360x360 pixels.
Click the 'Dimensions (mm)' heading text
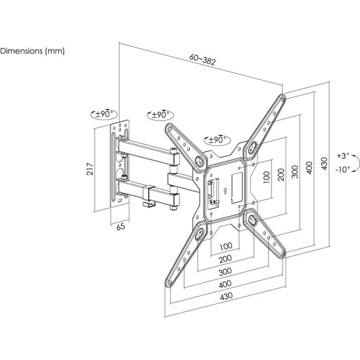[x=32, y=51]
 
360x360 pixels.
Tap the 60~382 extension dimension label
[x=203, y=60]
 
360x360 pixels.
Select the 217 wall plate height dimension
[x=90, y=169]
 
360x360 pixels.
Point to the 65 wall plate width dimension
[x=121, y=226]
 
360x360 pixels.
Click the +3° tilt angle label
[x=343, y=156]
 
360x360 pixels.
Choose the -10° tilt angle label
[x=342, y=170]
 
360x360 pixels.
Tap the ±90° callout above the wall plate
[x=104, y=114]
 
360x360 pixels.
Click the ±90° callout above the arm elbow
[x=160, y=115]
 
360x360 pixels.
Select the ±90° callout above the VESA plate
[x=217, y=140]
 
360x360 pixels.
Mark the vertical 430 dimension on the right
[x=324, y=164]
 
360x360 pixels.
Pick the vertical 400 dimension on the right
[x=309, y=168]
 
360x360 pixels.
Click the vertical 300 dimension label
[x=295, y=171]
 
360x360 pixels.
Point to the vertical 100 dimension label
[x=267, y=177]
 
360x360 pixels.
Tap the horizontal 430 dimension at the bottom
[x=226, y=296]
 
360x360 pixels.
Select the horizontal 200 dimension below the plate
[x=226, y=259]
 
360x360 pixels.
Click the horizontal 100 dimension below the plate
[x=226, y=247]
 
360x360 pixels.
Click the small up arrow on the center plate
[x=226, y=190]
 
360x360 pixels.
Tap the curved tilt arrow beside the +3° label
[x=356, y=164]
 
